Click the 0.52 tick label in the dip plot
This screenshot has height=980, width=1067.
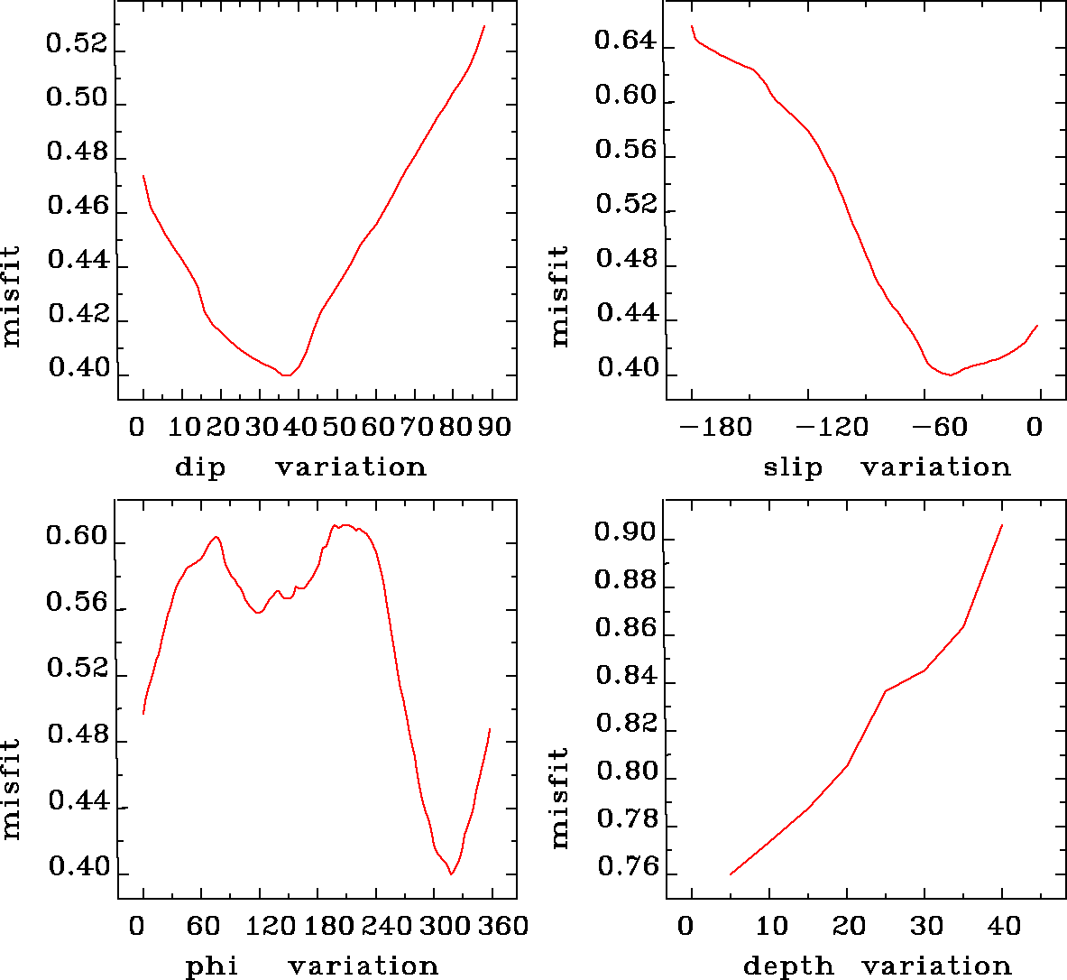(x=77, y=45)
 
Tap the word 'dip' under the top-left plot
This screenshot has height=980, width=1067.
(x=200, y=467)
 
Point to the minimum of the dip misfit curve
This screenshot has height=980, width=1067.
(x=285, y=374)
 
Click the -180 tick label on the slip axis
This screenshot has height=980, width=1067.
(x=718, y=427)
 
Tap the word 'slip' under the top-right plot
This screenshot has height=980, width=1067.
(x=793, y=467)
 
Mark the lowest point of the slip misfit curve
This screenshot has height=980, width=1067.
(x=950, y=374)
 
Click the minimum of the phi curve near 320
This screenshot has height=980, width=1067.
(x=451, y=874)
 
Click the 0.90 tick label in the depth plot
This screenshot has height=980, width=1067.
(x=626, y=534)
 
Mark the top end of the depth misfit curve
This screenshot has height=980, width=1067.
(x=1002, y=524)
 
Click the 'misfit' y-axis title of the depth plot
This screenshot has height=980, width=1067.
(x=559, y=798)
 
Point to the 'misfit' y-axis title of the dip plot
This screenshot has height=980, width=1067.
(x=11, y=296)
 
